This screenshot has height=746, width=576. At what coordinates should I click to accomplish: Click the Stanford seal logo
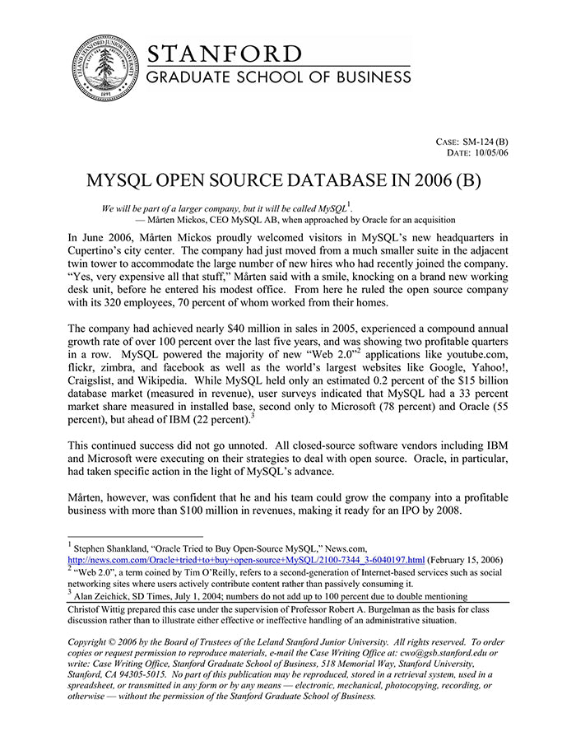105,69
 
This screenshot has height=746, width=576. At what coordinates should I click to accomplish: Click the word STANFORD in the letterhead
224,54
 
